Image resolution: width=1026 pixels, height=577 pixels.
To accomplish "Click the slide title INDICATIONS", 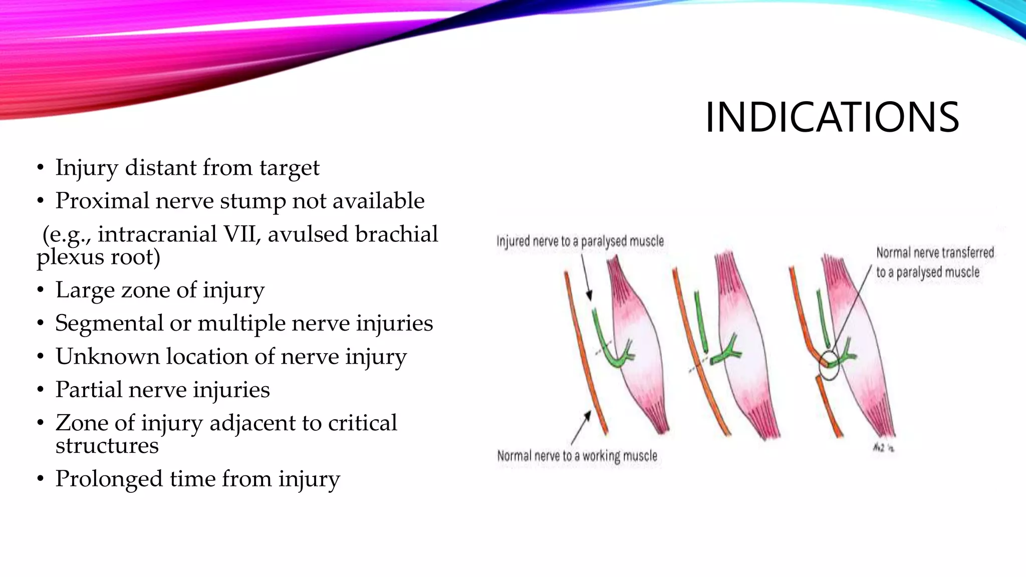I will click(x=832, y=117).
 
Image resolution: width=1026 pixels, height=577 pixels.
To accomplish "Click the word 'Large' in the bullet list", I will click(x=83, y=290).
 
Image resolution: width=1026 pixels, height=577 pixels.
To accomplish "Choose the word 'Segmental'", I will click(x=109, y=324).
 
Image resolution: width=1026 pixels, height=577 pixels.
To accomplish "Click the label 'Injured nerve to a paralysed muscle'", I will click(x=580, y=241).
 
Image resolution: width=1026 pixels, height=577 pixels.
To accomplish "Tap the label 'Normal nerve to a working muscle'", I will click(x=577, y=456).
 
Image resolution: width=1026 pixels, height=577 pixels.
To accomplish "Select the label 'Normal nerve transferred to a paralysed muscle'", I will click(x=934, y=262).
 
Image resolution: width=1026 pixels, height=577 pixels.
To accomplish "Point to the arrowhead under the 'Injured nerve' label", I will click(x=589, y=295).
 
